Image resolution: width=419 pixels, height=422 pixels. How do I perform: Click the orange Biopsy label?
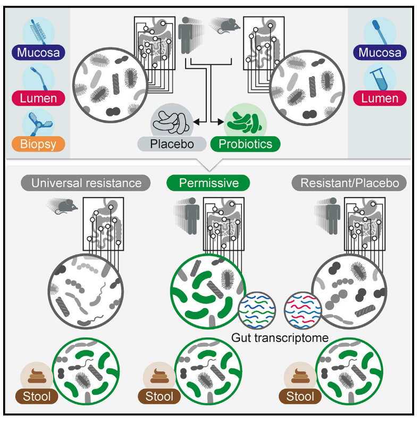(36, 144)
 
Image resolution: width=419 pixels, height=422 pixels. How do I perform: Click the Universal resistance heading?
(86, 183)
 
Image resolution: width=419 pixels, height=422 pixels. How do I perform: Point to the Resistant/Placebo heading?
(349, 183)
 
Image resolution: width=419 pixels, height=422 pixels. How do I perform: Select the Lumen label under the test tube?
(380, 98)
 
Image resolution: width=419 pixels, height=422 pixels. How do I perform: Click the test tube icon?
(380, 78)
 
